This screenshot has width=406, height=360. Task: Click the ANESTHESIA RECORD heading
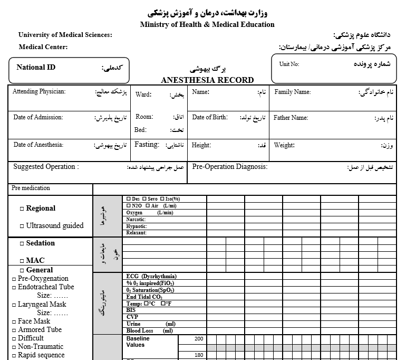point(207,80)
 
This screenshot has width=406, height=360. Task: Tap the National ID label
point(36,68)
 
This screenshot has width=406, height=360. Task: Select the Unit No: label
point(289,64)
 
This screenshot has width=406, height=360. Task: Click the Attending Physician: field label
point(39,92)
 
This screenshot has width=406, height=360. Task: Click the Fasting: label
point(147,145)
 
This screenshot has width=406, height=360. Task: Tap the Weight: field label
point(284,145)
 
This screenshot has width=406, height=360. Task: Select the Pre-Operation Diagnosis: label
point(229,167)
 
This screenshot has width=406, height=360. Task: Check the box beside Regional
point(22,209)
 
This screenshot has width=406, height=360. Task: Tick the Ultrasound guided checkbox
point(22,226)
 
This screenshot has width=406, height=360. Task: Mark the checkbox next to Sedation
point(22,244)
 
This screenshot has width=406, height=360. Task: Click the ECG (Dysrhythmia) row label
point(151,276)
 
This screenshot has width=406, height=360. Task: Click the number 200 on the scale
point(199,338)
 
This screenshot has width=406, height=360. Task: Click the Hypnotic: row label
point(137,226)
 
